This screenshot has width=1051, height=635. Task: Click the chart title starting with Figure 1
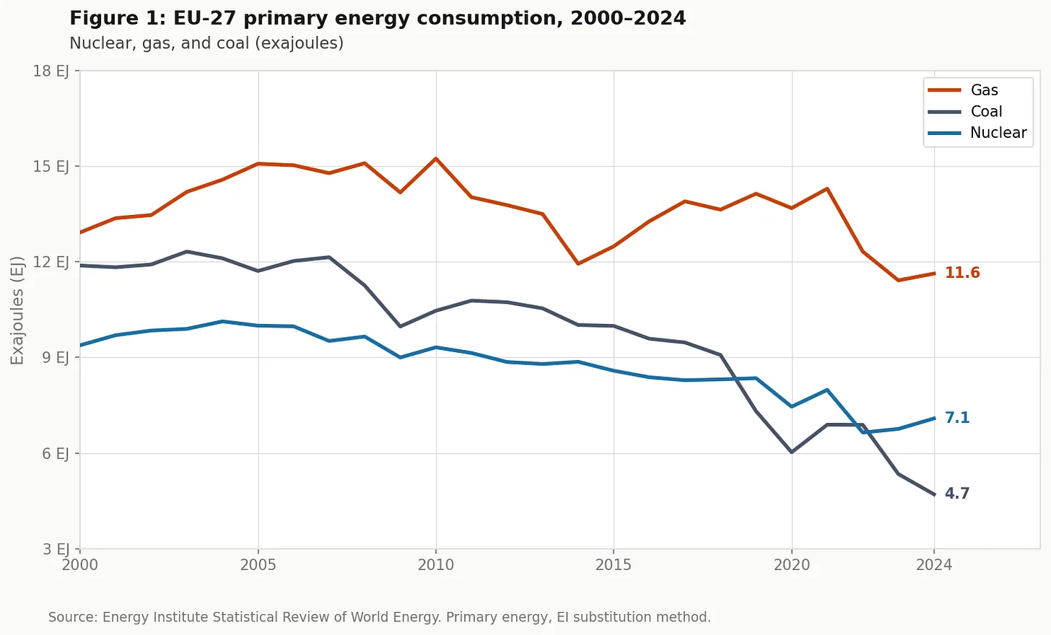[x=378, y=18]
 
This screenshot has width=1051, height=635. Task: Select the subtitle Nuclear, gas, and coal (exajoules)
[x=206, y=43]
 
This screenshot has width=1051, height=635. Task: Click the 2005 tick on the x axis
[x=258, y=565]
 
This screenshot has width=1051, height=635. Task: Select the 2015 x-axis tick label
[x=614, y=565]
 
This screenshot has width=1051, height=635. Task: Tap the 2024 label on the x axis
[x=934, y=565]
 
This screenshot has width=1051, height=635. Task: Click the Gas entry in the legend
[x=984, y=90]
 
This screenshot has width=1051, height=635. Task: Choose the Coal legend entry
[x=986, y=111]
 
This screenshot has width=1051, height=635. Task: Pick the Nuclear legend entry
[x=998, y=133]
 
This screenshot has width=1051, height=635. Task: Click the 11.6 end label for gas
[x=962, y=273]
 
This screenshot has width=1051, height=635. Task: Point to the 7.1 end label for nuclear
[x=957, y=418]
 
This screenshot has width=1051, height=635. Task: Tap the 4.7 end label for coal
[x=957, y=494]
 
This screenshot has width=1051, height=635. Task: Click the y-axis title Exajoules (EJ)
[x=17, y=310]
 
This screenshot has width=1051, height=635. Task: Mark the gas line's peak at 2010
[x=436, y=158]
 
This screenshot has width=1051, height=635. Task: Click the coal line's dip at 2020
[x=792, y=452]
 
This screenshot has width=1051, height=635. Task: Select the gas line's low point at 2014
[x=578, y=263]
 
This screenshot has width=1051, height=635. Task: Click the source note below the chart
[x=379, y=617]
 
